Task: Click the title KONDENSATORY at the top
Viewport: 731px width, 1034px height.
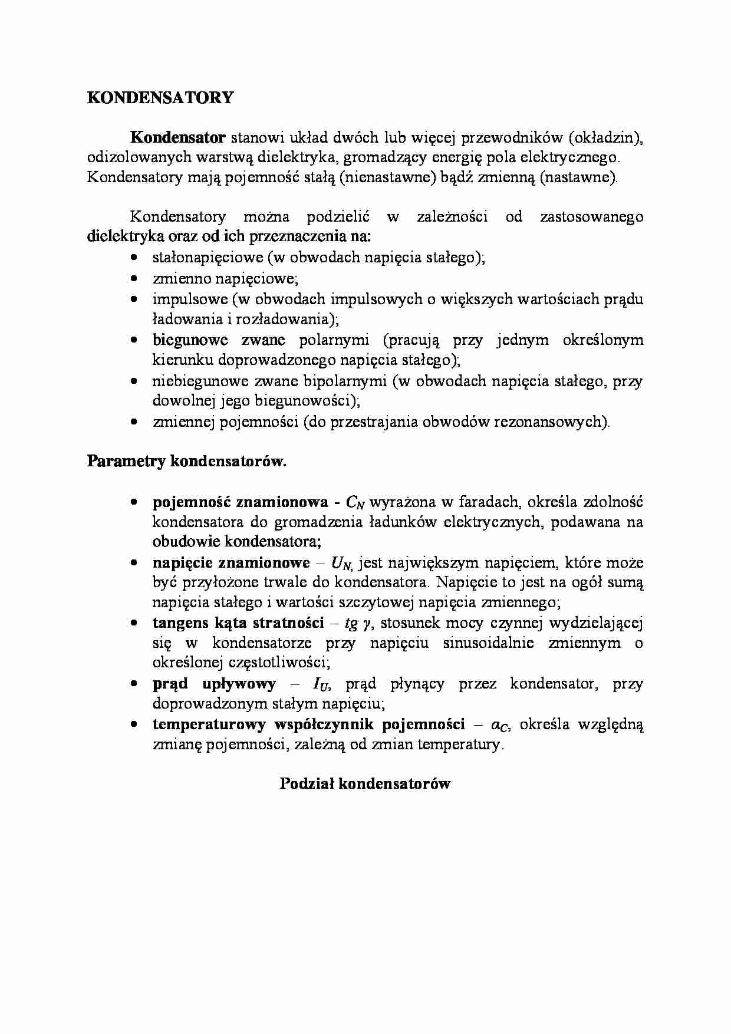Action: [x=160, y=98]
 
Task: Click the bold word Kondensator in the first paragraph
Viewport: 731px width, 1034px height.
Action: [x=177, y=138]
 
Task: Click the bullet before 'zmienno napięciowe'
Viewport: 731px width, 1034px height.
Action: [x=135, y=278]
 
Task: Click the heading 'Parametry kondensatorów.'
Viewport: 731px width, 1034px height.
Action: [x=187, y=461]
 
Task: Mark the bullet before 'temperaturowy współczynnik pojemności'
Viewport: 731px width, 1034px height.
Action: [x=135, y=725]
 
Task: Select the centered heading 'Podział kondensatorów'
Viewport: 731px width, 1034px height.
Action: [x=365, y=783]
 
